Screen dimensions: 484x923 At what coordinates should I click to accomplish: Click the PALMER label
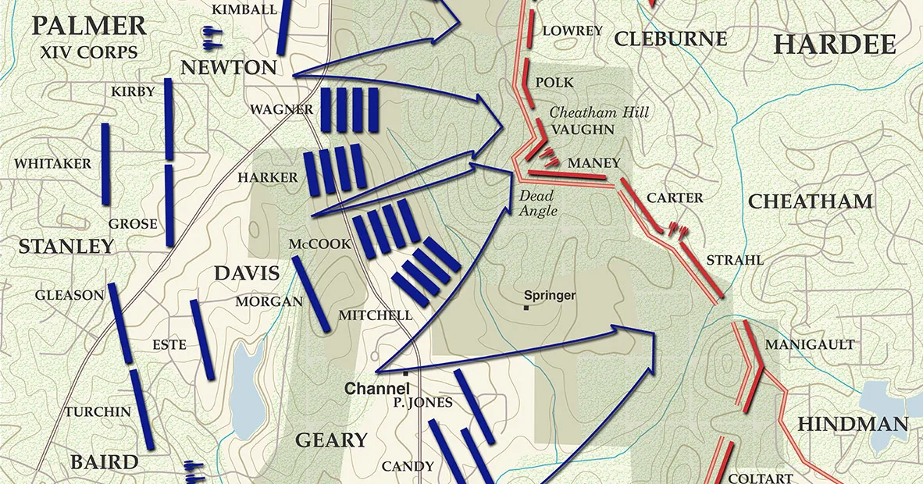coord(89,26)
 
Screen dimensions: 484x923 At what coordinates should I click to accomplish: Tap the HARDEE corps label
coord(834,44)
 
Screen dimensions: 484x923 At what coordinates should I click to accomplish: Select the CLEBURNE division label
coord(670,39)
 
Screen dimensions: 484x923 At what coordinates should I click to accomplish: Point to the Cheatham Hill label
coord(600,112)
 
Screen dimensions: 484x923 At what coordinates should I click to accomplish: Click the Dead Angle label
coord(537,203)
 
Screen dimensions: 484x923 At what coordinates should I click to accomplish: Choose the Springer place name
coord(550,295)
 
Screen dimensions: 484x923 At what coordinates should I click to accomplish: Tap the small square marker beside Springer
coord(527,307)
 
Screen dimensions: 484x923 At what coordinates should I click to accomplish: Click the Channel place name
coord(372,388)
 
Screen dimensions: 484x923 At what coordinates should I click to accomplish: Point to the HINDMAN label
coord(853,425)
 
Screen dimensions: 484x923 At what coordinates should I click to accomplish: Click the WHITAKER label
coord(52,164)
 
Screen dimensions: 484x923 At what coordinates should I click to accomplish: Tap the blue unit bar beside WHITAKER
coord(105,164)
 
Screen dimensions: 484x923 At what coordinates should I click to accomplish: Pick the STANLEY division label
coord(66,247)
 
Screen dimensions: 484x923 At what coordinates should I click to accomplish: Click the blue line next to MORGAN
coord(310,294)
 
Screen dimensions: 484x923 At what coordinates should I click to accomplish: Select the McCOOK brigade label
coord(320,244)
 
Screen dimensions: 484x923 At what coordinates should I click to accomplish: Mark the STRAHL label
coord(734,260)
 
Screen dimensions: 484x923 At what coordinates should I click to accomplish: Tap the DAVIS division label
coord(246,274)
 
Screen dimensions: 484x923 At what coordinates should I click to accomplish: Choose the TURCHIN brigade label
coord(98,411)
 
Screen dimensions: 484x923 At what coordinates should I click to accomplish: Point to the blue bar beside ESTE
coord(201,340)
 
